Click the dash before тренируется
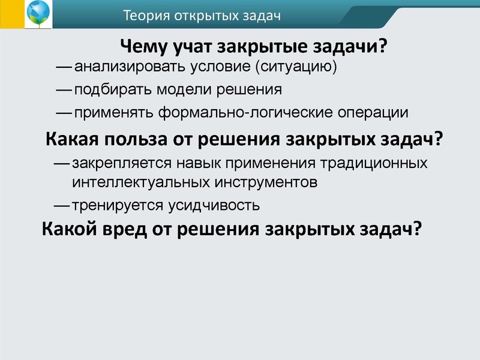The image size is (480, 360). (x=62, y=205)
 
